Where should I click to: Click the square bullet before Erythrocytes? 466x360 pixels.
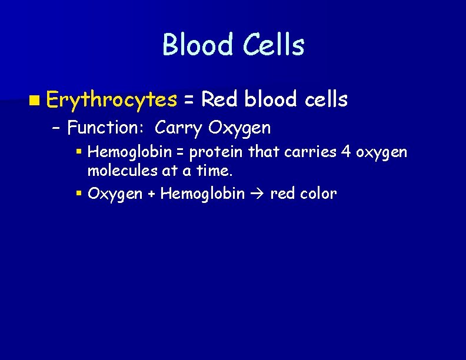tap(37, 101)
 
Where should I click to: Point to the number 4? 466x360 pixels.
tap(346, 153)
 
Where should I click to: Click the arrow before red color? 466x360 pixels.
tap(257, 194)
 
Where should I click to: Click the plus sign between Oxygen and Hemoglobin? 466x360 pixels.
tap(151, 194)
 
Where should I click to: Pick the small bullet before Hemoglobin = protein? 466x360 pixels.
tap(79, 152)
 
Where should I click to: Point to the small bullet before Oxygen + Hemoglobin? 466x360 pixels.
tap(79, 193)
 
